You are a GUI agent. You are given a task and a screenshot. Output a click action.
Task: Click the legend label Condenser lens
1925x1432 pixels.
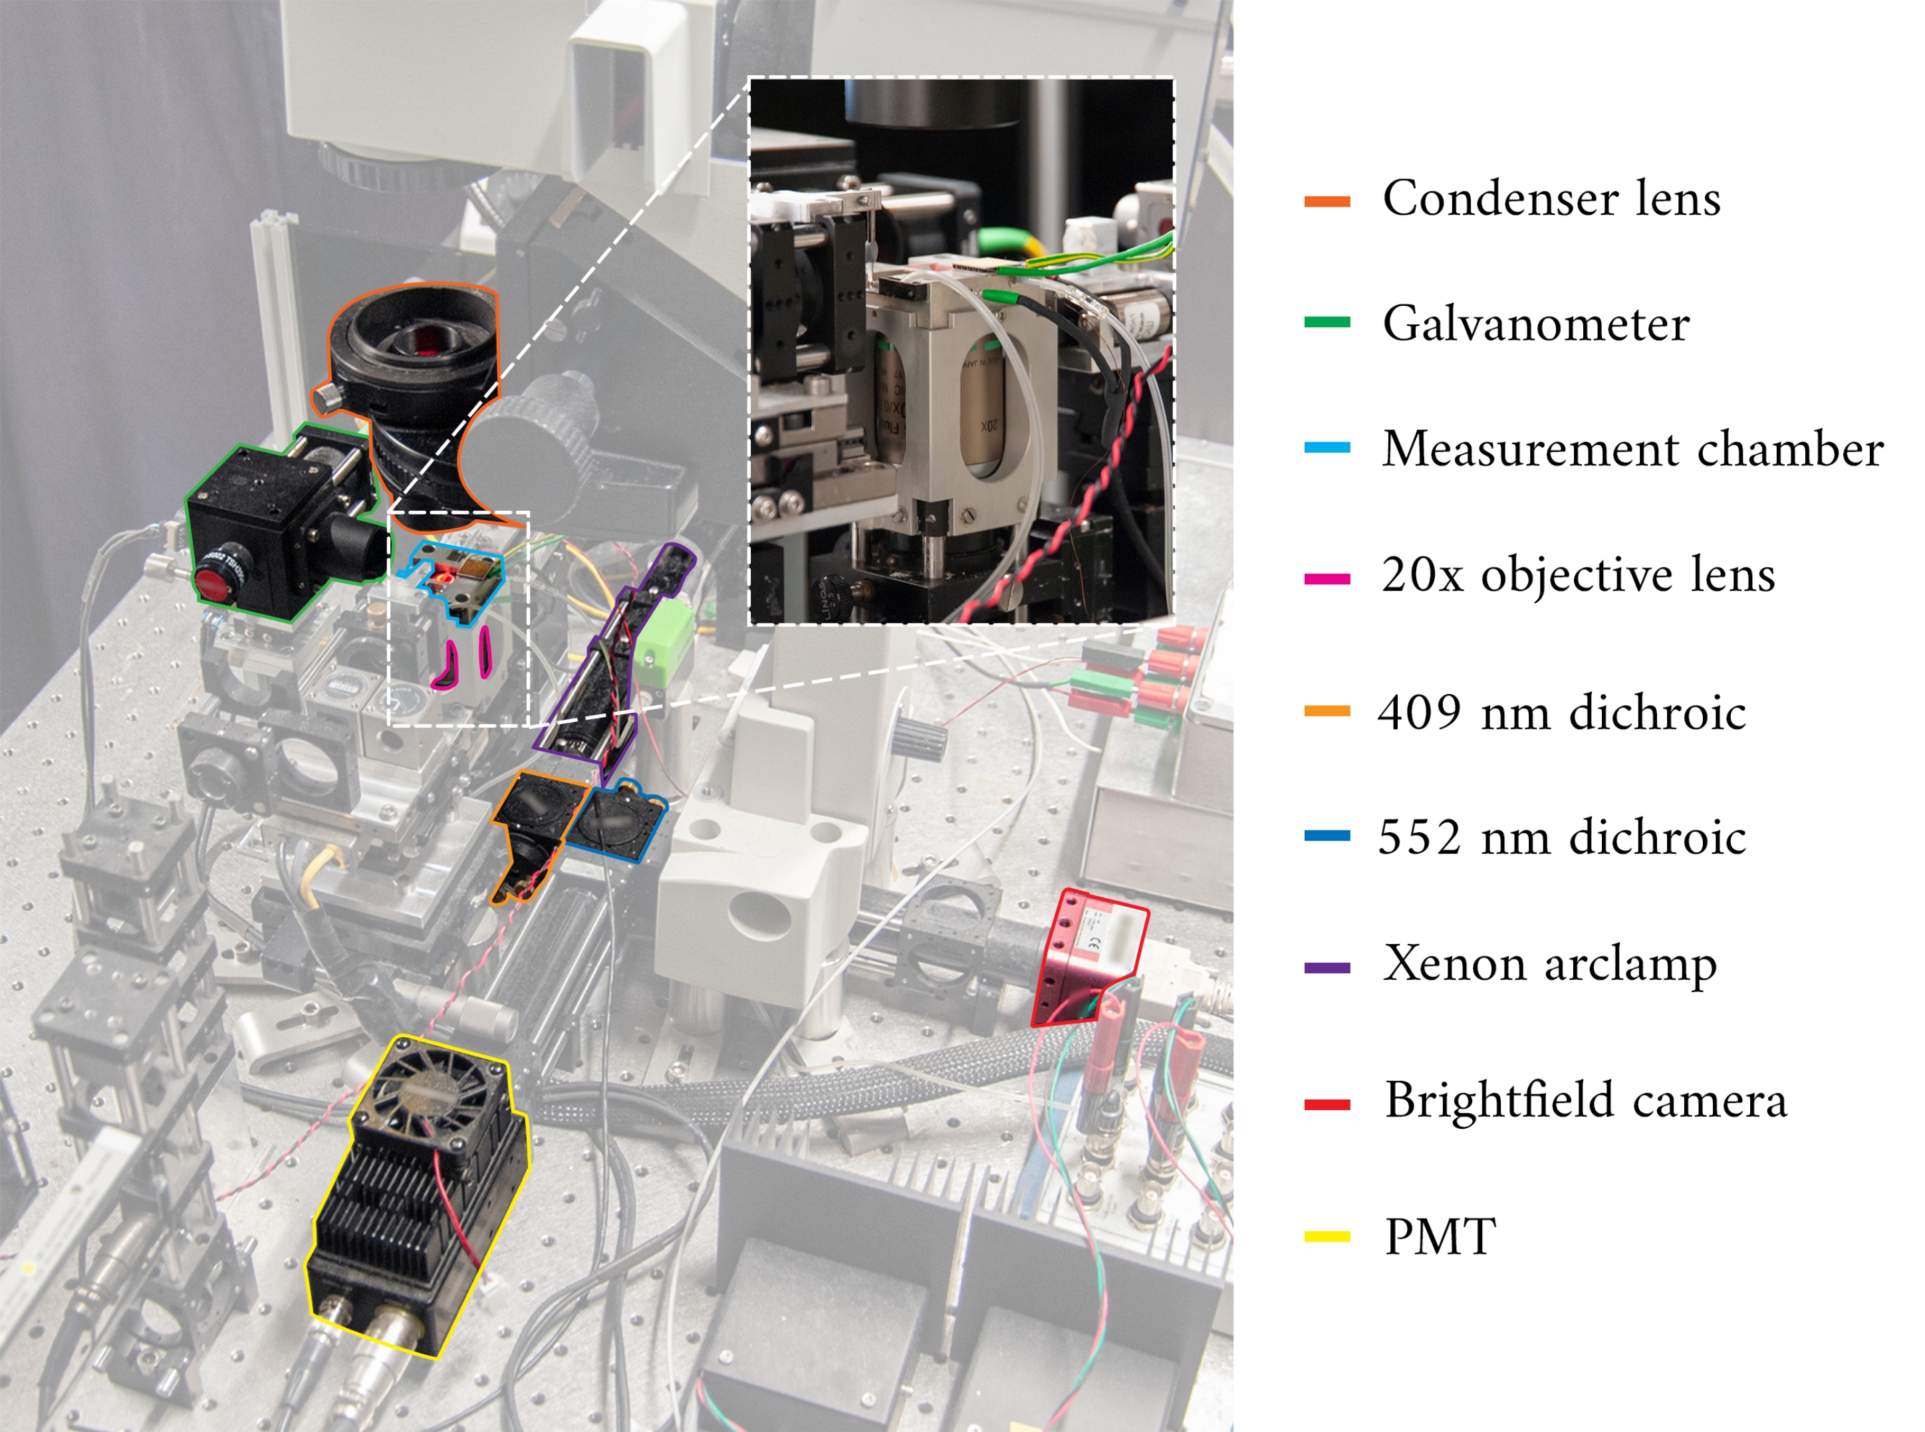click(x=1551, y=199)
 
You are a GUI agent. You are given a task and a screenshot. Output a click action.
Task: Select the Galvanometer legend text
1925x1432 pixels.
click(x=1535, y=324)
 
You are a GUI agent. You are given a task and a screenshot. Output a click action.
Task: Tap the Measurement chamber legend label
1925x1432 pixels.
click(x=1632, y=449)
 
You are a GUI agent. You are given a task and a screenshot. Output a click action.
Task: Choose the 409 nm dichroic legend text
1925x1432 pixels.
click(x=1561, y=713)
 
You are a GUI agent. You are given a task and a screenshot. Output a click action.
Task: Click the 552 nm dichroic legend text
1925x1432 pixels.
click(x=1561, y=838)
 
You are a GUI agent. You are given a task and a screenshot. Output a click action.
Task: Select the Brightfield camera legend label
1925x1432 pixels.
click(x=1585, y=1100)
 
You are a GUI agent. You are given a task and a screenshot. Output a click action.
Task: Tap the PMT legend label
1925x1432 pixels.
click(x=1440, y=1237)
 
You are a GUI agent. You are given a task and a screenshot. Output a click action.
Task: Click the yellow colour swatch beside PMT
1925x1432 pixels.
click(x=1327, y=1237)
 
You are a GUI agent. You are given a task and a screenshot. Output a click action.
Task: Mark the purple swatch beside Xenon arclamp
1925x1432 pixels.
click(x=1327, y=967)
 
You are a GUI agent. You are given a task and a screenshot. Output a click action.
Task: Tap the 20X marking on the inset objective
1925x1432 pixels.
click(x=989, y=427)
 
